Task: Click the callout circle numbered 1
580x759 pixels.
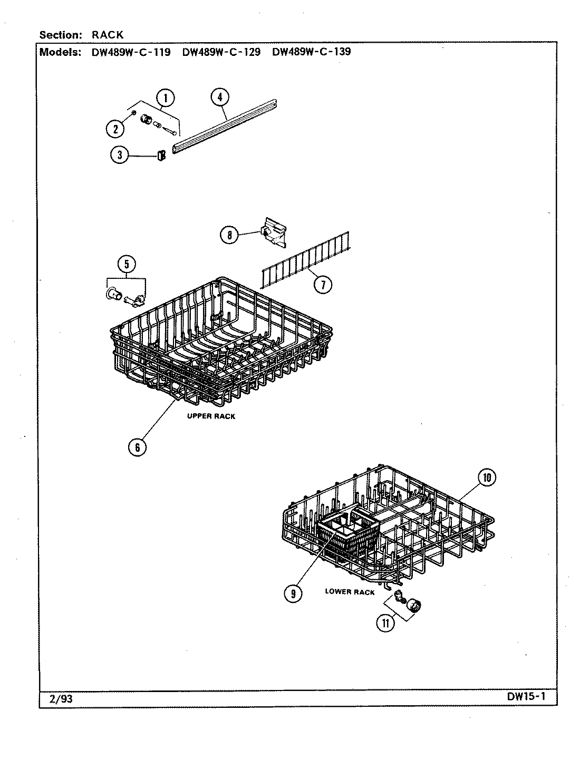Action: (x=166, y=98)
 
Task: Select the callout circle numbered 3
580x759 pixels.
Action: (x=120, y=155)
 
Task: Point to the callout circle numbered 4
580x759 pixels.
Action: (x=219, y=97)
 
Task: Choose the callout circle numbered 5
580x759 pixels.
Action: (x=127, y=264)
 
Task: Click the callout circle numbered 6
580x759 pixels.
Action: (x=137, y=447)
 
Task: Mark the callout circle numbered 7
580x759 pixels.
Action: (x=323, y=285)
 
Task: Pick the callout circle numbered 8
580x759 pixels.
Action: (x=229, y=235)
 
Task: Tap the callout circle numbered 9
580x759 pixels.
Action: (x=293, y=593)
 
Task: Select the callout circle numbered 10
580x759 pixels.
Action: (x=486, y=478)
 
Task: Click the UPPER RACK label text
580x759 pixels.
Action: (x=211, y=416)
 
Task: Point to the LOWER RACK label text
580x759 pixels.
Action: (x=350, y=592)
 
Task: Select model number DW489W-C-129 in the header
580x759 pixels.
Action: (x=221, y=52)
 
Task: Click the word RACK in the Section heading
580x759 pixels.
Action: (x=108, y=35)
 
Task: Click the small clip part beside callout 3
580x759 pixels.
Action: (x=162, y=154)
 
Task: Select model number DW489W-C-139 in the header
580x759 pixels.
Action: (x=311, y=52)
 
